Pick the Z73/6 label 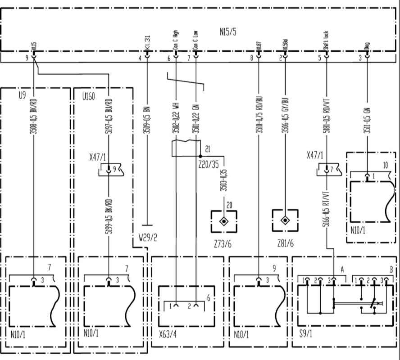click(x=223, y=245)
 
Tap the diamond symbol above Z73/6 click(x=223, y=221)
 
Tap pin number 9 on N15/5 click(x=27, y=58)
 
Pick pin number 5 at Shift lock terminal click(x=319, y=58)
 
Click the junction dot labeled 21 click(x=200, y=157)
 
